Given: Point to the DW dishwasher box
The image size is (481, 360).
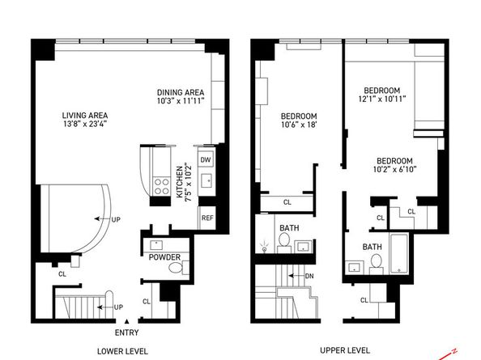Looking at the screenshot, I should pos(206,159).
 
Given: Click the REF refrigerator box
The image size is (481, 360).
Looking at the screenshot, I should pos(206,218).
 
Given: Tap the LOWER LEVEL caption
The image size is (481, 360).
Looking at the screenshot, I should pos(121,351).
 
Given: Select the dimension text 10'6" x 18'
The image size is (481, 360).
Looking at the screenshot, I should pos(298,125).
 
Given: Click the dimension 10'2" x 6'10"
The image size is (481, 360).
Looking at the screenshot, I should pos(394,171).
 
